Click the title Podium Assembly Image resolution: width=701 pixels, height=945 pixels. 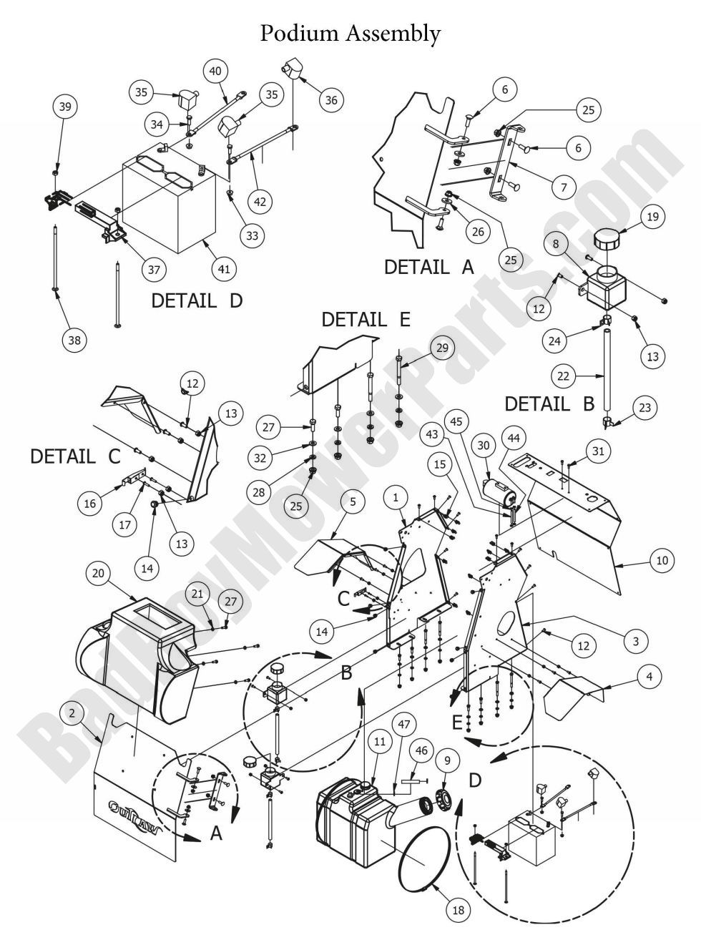(350, 33)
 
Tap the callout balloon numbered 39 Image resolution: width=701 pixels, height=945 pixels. (65, 107)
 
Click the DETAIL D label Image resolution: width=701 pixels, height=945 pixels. (197, 300)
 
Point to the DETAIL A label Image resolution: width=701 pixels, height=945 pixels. (429, 267)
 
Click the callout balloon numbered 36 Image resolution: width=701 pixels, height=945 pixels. (331, 100)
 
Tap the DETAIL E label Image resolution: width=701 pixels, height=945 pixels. (366, 319)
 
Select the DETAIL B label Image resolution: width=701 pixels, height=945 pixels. (549, 403)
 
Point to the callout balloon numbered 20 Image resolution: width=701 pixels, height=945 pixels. (99, 573)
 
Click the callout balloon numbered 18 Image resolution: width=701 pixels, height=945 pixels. (457, 911)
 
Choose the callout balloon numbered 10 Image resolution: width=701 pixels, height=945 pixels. (662, 560)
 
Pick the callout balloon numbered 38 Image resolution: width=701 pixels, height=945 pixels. (75, 341)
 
